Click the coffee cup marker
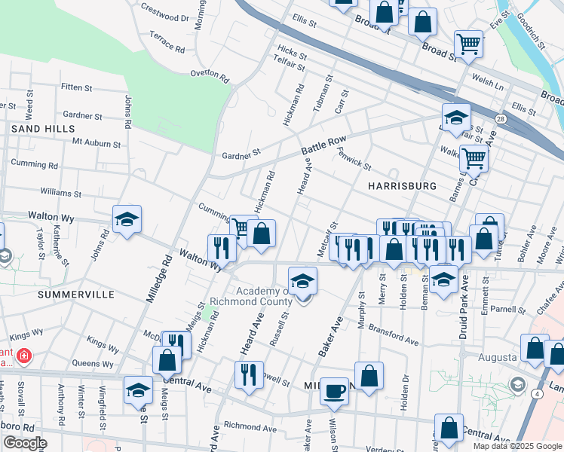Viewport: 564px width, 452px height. pyautogui.click(x=334, y=392)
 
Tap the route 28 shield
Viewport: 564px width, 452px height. pyautogui.click(x=501, y=118)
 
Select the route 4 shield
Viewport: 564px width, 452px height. pyautogui.click(x=536, y=393)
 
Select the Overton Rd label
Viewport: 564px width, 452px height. pyautogui.click(x=209, y=74)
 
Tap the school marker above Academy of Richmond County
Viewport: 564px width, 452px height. pyautogui.click(x=302, y=281)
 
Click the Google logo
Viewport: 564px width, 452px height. pyautogui.click(x=25, y=443)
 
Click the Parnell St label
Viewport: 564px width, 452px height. pyautogui.click(x=507, y=310)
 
